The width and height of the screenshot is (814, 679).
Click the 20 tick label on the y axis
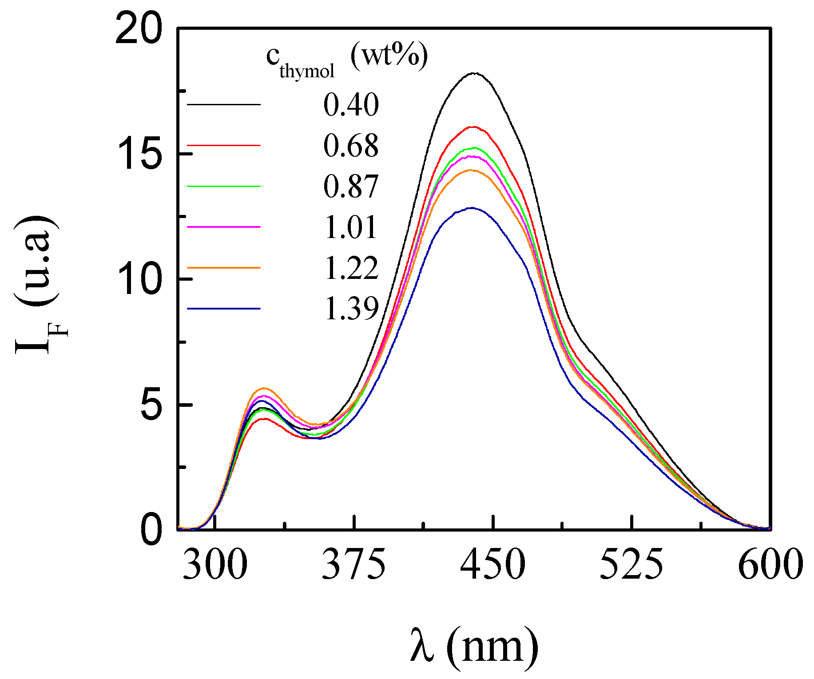[138, 29]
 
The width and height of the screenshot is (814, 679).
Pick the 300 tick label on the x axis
[215, 564]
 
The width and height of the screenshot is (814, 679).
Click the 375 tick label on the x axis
[354, 564]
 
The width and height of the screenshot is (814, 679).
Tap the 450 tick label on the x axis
[492, 564]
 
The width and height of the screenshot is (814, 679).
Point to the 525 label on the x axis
[631, 564]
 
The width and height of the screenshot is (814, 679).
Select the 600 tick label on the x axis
[770, 564]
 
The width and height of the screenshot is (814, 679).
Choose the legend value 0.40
[351, 105]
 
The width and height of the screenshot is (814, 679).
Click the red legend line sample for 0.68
[224, 145]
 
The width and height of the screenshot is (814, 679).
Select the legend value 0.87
[351, 187]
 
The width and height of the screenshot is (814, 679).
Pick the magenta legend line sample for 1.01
[224, 227]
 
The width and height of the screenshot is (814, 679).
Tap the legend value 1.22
[351, 268]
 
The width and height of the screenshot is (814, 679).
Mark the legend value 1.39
[351, 309]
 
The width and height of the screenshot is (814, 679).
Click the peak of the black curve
[474, 73]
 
